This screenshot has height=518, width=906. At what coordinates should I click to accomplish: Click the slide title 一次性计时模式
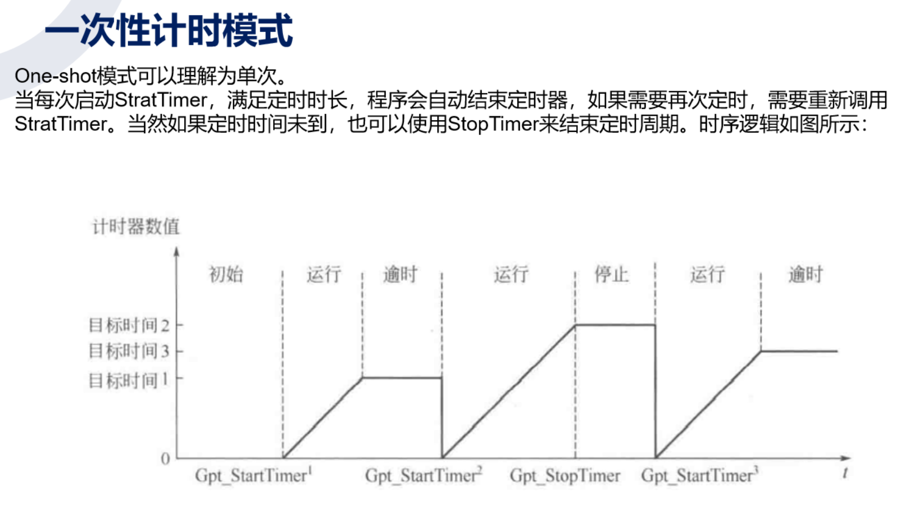[x=169, y=31]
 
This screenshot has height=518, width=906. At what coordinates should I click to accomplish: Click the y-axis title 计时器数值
[x=136, y=226]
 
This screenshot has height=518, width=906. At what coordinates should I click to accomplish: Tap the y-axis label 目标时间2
[x=128, y=325]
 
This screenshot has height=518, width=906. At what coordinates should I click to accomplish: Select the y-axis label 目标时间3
[x=128, y=351]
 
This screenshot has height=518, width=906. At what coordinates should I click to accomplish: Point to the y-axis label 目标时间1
[x=128, y=381]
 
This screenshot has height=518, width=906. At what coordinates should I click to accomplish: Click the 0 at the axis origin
[x=165, y=458]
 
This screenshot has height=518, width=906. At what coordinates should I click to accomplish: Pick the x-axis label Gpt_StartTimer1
[x=254, y=476]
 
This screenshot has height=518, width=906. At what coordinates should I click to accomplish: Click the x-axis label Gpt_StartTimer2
[x=423, y=476]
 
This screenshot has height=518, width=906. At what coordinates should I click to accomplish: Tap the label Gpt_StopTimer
[x=565, y=476]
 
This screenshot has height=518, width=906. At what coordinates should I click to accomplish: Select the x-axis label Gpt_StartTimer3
[x=699, y=476]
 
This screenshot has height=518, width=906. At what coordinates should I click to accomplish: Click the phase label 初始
[x=226, y=274]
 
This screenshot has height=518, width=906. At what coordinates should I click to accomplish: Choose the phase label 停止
[x=611, y=274]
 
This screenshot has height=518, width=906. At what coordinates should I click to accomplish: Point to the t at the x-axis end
[x=845, y=473]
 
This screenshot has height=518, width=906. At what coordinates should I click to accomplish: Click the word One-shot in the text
[x=55, y=76]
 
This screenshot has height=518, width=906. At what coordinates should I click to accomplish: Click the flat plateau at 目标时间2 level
[x=615, y=325]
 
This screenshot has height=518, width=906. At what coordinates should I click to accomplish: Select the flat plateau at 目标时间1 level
[x=402, y=378]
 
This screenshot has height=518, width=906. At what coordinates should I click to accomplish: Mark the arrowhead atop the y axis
[x=177, y=252]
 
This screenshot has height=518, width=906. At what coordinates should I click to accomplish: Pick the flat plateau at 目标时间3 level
[x=799, y=351]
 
